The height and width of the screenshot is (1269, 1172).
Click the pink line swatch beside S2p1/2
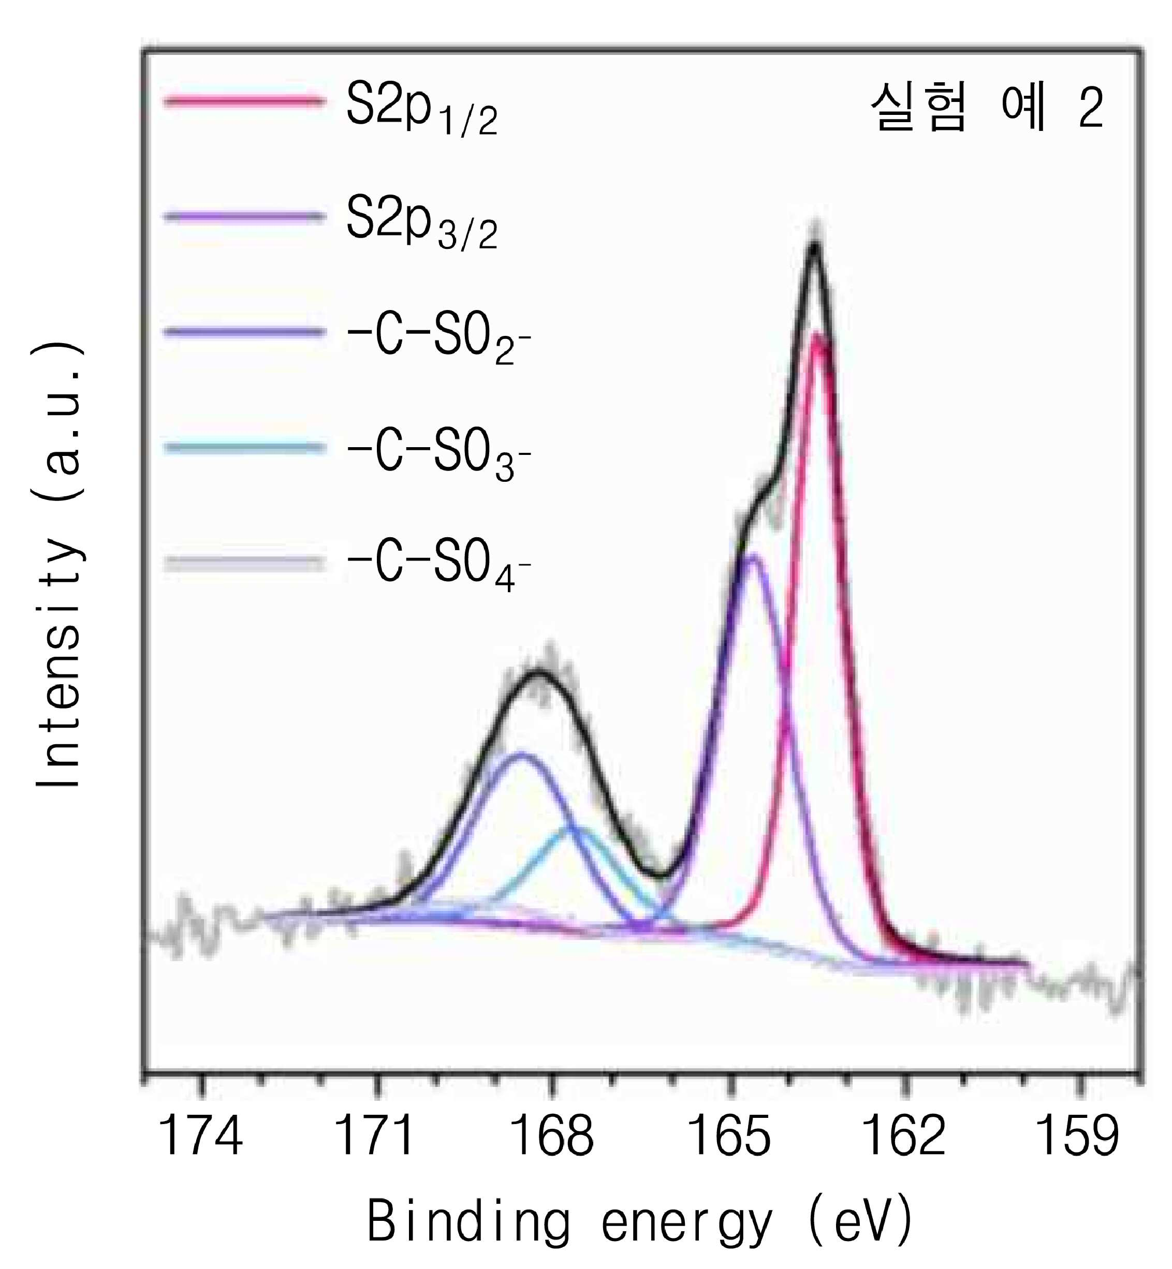[x=245, y=101]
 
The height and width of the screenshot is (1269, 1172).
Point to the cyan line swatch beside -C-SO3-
[x=245, y=448]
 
